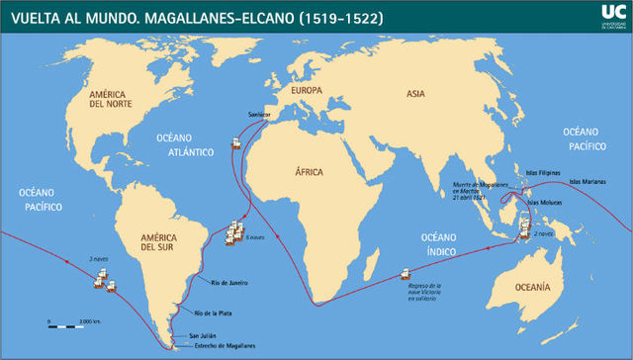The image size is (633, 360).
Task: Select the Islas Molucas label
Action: click(545, 203)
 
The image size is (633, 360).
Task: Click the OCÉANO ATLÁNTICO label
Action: click(185, 147)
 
